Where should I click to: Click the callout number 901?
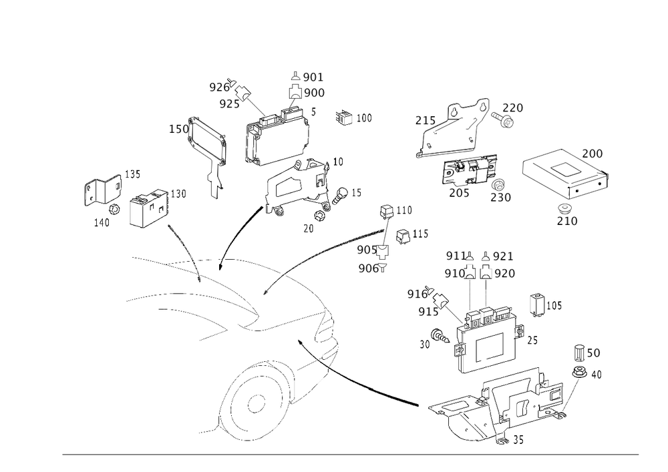(313, 76)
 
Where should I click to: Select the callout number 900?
(313, 93)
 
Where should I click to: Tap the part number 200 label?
(593, 153)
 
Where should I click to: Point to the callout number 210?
(567, 220)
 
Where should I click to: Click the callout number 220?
(512, 107)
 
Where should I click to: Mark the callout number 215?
(426, 121)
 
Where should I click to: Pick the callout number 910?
(456, 273)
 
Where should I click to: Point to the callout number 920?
(503, 273)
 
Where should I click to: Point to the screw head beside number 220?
(506, 121)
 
